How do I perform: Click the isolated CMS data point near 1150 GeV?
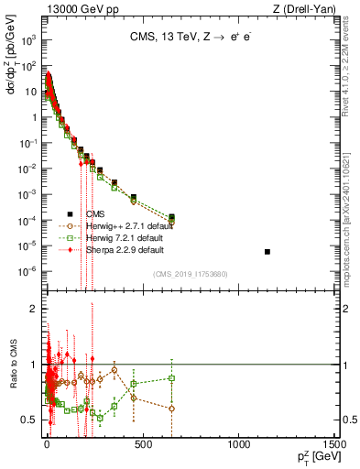tap(267, 251)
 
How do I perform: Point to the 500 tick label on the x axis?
tap(141, 443)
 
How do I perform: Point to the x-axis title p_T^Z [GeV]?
tap(313, 456)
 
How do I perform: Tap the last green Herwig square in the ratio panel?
tap(171, 377)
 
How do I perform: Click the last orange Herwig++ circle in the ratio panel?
tap(171, 409)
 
